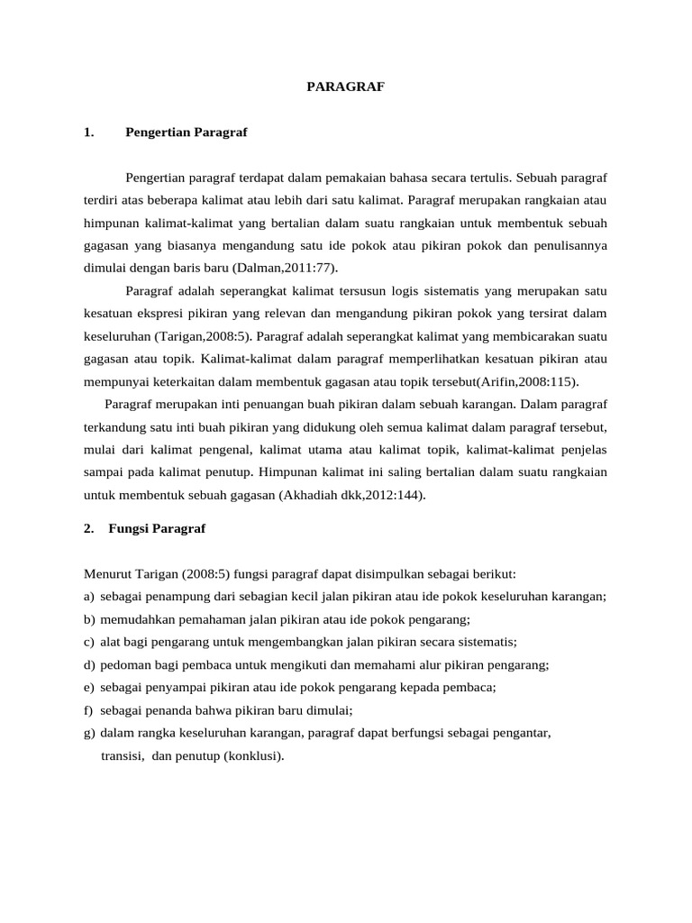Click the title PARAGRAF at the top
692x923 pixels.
pyautogui.click(x=346, y=87)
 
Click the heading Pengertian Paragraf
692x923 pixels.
pyautogui.click(x=187, y=133)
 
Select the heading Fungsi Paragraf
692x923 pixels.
pyautogui.click(x=157, y=529)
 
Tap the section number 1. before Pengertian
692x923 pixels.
pyautogui.click(x=87, y=133)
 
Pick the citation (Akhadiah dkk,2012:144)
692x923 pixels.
pyautogui.click(x=351, y=494)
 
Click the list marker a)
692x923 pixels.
pyautogui.click(x=88, y=597)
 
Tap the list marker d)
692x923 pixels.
pyautogui.click(x=88, y=664)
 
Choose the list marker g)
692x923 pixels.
pyautogui.click(x=88, y=733)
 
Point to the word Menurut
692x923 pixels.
pyautogui.click(x=106, y=573)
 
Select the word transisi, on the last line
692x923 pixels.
pyautogui.click(x=124, y=756)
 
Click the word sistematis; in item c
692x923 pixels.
pyautogui.click(x=487, y=642)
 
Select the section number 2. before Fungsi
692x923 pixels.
pyautogui.click(x=88, y=529)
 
